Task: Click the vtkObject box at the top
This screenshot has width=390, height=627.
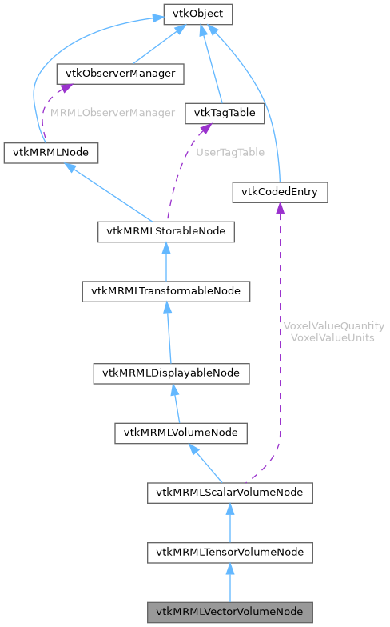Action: [x=197, y=14]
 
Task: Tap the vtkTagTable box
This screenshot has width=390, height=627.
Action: [x=224, y=113]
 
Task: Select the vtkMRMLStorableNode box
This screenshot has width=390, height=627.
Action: [x=166, y=231]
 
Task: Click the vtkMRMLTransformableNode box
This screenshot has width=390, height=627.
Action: [x=166, y=291]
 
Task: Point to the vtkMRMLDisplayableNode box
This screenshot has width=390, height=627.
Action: [x=171, y=373]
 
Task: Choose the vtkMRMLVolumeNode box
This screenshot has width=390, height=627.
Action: [x=181, y=433]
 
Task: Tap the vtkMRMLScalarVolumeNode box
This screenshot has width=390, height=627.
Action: [x=229, y=492]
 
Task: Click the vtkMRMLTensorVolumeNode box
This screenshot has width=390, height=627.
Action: [x=229, y=552]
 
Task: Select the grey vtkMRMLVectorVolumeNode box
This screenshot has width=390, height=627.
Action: [x=229, y=612]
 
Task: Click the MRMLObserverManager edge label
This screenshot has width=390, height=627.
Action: [x=112, y=113]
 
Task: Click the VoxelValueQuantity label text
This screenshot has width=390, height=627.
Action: [x=334, y=326]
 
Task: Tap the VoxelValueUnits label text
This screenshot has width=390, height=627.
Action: [x=334, y=337]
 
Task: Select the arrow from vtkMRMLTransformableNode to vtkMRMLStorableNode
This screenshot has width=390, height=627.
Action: [x=166, y=261]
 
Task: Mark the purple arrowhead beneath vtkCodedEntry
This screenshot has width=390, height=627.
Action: [x=280, y=208]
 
